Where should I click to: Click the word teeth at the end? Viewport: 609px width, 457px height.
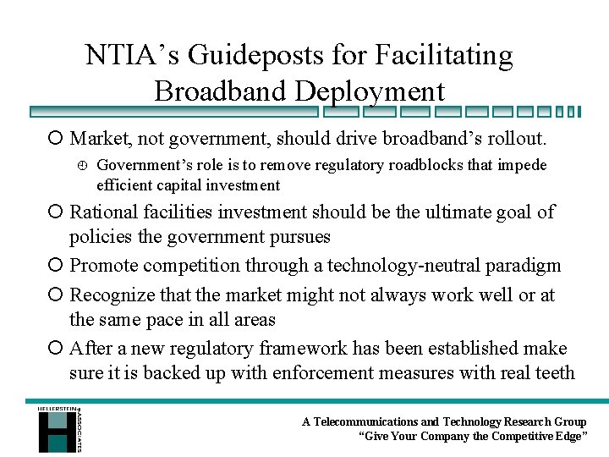[x=553, y=373]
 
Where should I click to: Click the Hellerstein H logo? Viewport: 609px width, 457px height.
[x=57, y=429]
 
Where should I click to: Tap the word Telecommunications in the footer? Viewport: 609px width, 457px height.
[x=365, y=421]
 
